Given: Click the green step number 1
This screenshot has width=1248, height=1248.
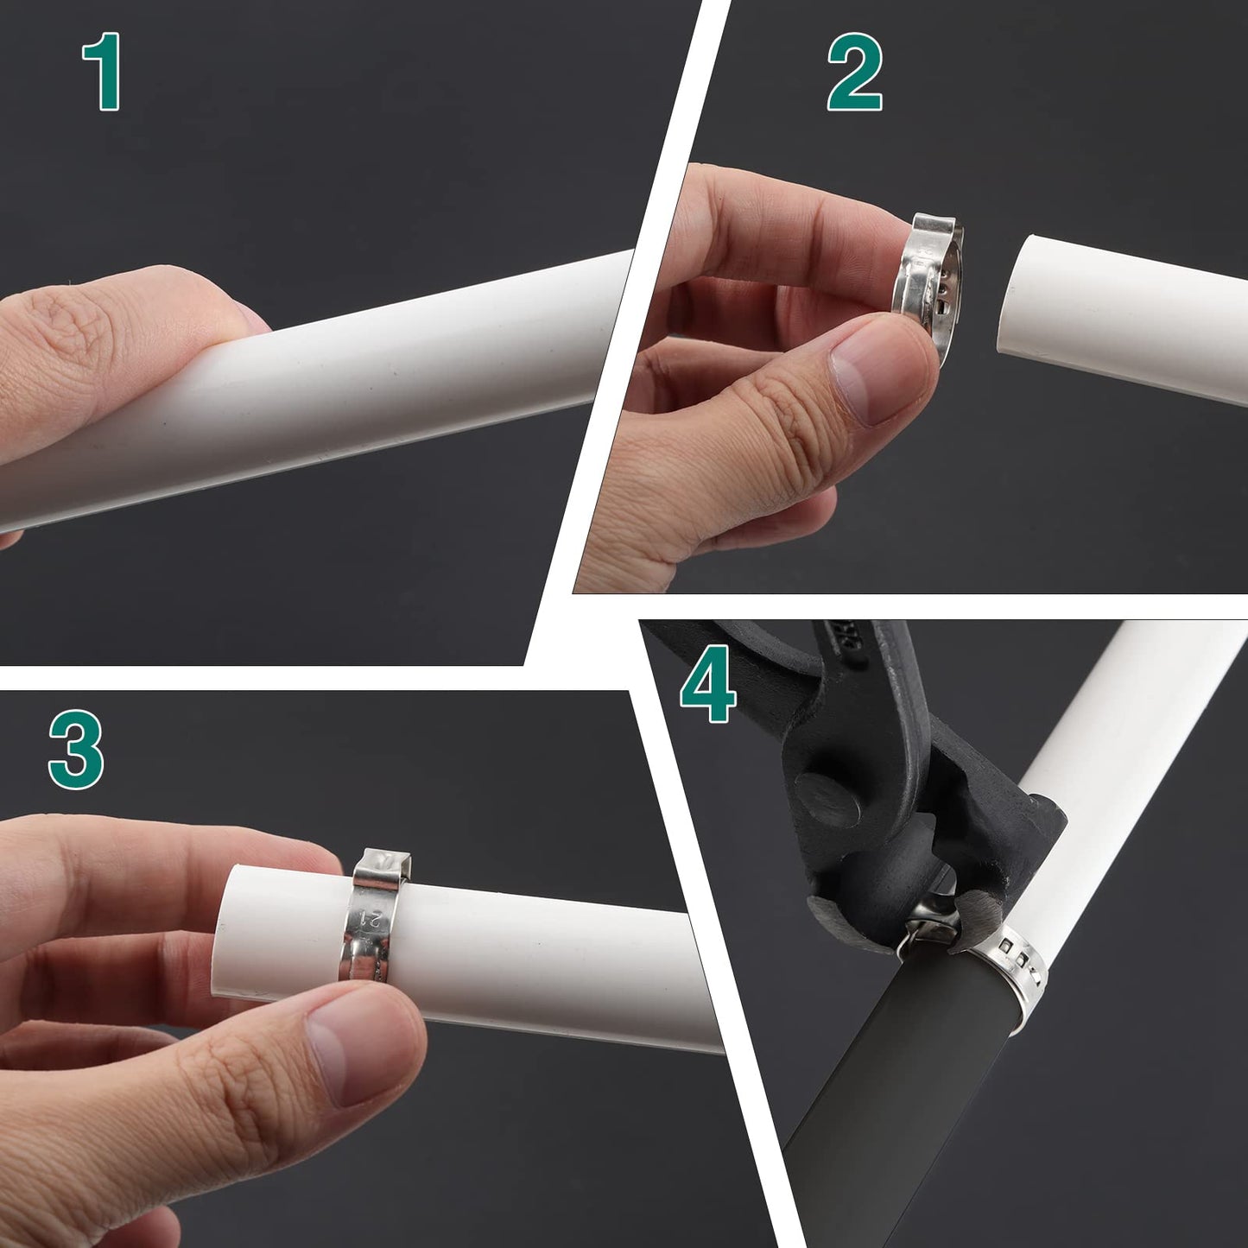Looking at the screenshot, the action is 103,71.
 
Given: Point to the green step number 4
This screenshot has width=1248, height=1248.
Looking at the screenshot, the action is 708,684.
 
